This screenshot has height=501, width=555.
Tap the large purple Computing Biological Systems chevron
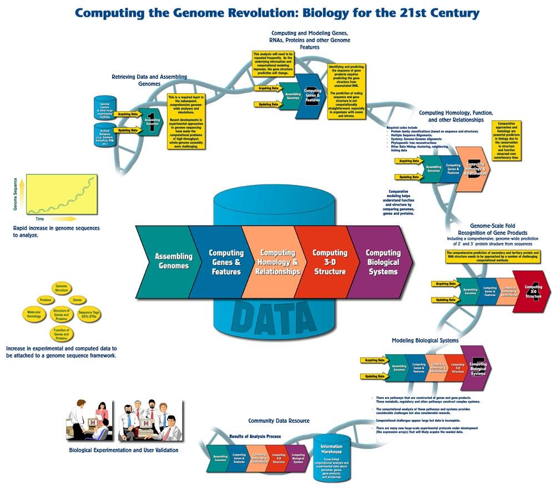point(383,262)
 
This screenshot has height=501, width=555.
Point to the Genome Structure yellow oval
point(61,288)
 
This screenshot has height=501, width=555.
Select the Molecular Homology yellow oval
point(38,315)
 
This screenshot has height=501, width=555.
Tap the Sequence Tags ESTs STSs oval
point(89,315)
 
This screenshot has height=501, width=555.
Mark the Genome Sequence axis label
point(16,196)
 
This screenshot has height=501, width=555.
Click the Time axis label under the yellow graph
point(40,219)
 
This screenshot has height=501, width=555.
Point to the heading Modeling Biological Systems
point(425,340)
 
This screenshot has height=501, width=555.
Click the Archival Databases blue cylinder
point(105,134)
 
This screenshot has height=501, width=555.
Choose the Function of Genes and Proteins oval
point(61,334)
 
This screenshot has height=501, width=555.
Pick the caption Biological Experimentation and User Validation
point(123,450)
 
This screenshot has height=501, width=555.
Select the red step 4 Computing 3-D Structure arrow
point(531,292)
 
